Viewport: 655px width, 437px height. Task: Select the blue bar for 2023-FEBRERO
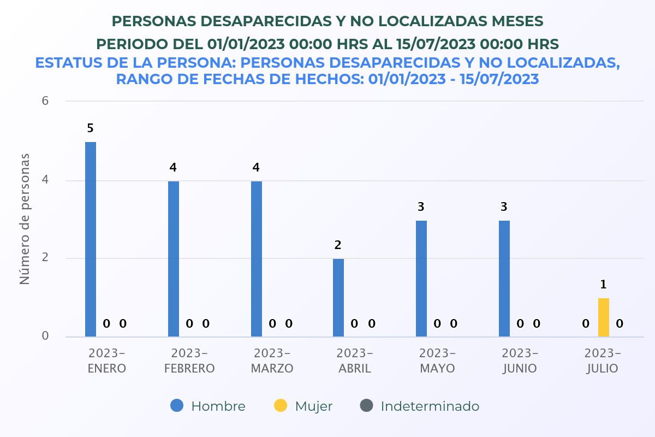click(x=174, y=259)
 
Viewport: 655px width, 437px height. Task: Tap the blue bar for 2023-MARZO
click(x=257, y=259)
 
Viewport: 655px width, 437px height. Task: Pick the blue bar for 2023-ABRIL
click(x=338, y=298)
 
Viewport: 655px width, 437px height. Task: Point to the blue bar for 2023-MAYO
click(x=421, y=279)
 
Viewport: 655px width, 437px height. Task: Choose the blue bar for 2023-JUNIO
click(x=504, y=279)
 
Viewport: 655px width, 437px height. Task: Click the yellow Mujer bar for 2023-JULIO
click(x=604, y=317)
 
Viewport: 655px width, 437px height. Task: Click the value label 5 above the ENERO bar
click(x=91, y=128)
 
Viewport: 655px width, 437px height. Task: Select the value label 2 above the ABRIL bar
click(x=338, y=245)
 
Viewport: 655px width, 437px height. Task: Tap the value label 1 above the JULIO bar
click(x=604, y=285)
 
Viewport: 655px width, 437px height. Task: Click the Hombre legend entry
click(x=208, y=406)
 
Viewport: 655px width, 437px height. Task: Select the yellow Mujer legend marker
click(x=281, y=406)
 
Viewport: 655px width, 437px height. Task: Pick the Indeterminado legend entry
click(x=419, y=406)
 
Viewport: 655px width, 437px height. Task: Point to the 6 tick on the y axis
click(x=45, y=101)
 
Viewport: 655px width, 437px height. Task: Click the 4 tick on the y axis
click(x=45, y=180)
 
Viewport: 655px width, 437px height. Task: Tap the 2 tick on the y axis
click(x=45, y=258)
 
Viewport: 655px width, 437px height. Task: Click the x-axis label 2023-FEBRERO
click(x=189, y=361)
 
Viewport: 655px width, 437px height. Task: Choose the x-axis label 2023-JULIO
click(x=603, y=361)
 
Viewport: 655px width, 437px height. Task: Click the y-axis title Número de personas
click(x=25, y=218)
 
